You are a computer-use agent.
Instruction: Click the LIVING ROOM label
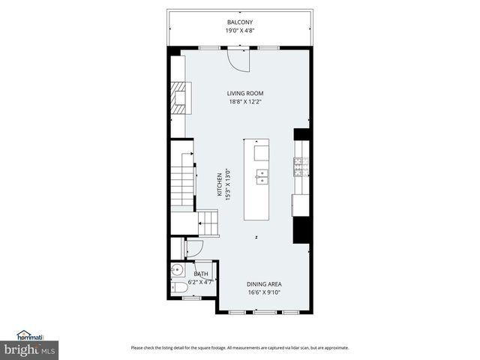pos(245,94)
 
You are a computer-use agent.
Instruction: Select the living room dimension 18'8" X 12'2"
pos(245,103)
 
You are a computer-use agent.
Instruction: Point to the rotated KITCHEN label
pos(220,185)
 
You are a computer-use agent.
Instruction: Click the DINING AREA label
pos(264,284)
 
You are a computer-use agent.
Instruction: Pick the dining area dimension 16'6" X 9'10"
pos(264,293)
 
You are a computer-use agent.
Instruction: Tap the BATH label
pos(200,274)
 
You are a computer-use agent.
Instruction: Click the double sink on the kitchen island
pos(262,177)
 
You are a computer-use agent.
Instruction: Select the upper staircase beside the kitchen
pos(181,189)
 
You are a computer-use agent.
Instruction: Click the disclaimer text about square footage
pos(239,348)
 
